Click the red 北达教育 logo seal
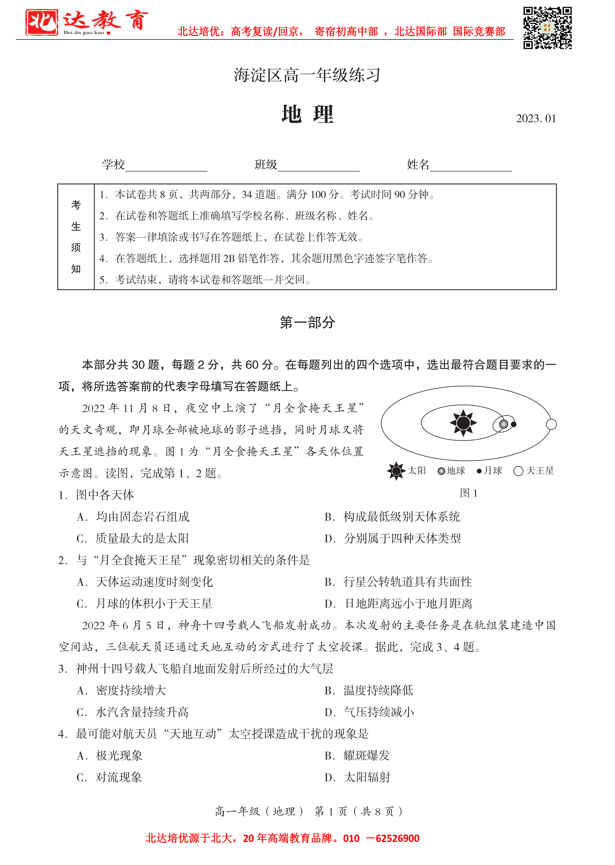[x=42, y=22]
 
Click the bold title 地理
[x=307, y=114]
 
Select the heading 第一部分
[x=307, y=323]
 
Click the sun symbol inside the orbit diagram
[x=463, y=423]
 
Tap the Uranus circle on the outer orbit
[x=551, y=424]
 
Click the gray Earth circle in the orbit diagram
[x=503, y=424]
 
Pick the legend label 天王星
[x=540, y=471]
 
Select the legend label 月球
[x=493, y=471]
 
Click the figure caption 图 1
[x=468, y=493]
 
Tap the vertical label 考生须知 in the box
[x=76, y=237]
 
